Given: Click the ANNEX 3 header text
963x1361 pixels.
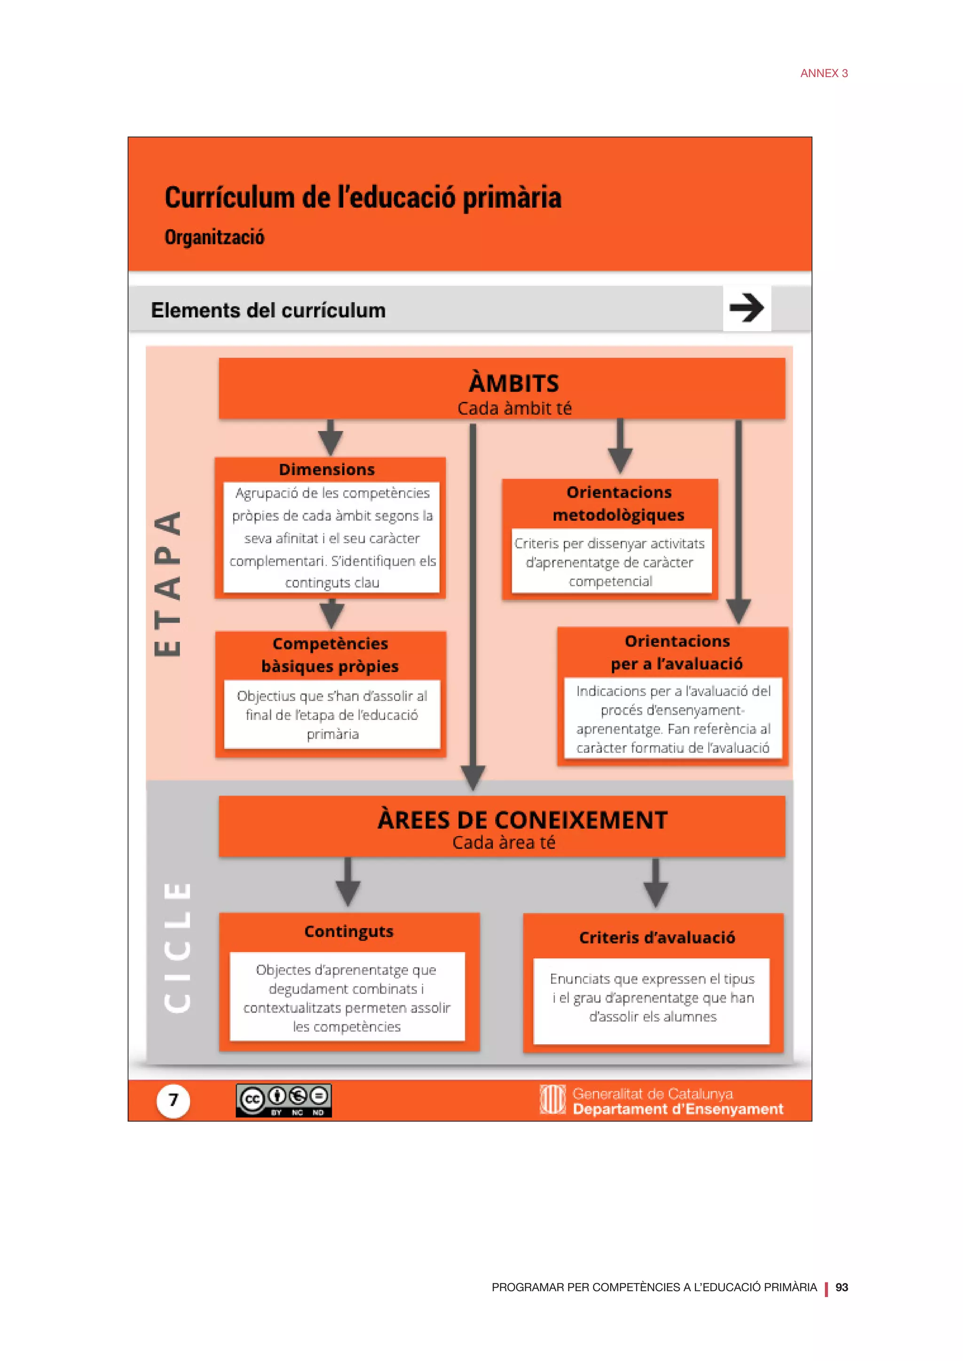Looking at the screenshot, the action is [824, 73].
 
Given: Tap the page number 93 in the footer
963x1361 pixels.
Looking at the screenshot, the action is [841, 1287].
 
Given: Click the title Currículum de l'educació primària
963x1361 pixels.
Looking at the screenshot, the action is [363, 197].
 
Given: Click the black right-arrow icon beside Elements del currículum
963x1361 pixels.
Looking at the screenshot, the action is [747, 308].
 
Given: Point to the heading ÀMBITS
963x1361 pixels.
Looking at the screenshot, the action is [513, 383].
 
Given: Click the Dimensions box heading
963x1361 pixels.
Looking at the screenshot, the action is [327, 469].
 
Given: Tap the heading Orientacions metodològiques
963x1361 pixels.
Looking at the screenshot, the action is [618, 503].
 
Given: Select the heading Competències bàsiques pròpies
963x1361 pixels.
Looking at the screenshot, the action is [330, 655].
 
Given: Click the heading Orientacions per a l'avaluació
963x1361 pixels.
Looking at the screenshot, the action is [677, 652].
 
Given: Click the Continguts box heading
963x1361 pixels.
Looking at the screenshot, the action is [349, 931].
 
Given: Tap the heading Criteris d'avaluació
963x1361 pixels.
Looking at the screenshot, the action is [657, 937].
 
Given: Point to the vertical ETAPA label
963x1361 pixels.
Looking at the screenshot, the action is [167, 584].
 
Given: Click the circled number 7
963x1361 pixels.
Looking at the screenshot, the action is [173, 1101].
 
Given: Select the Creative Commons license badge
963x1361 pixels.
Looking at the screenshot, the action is [284, 1101].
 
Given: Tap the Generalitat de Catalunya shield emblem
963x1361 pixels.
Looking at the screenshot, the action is [552, 1100].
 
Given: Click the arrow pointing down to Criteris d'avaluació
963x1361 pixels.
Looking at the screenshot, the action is [656, 883].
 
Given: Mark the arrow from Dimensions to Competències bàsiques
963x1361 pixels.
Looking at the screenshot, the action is [332, 613].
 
